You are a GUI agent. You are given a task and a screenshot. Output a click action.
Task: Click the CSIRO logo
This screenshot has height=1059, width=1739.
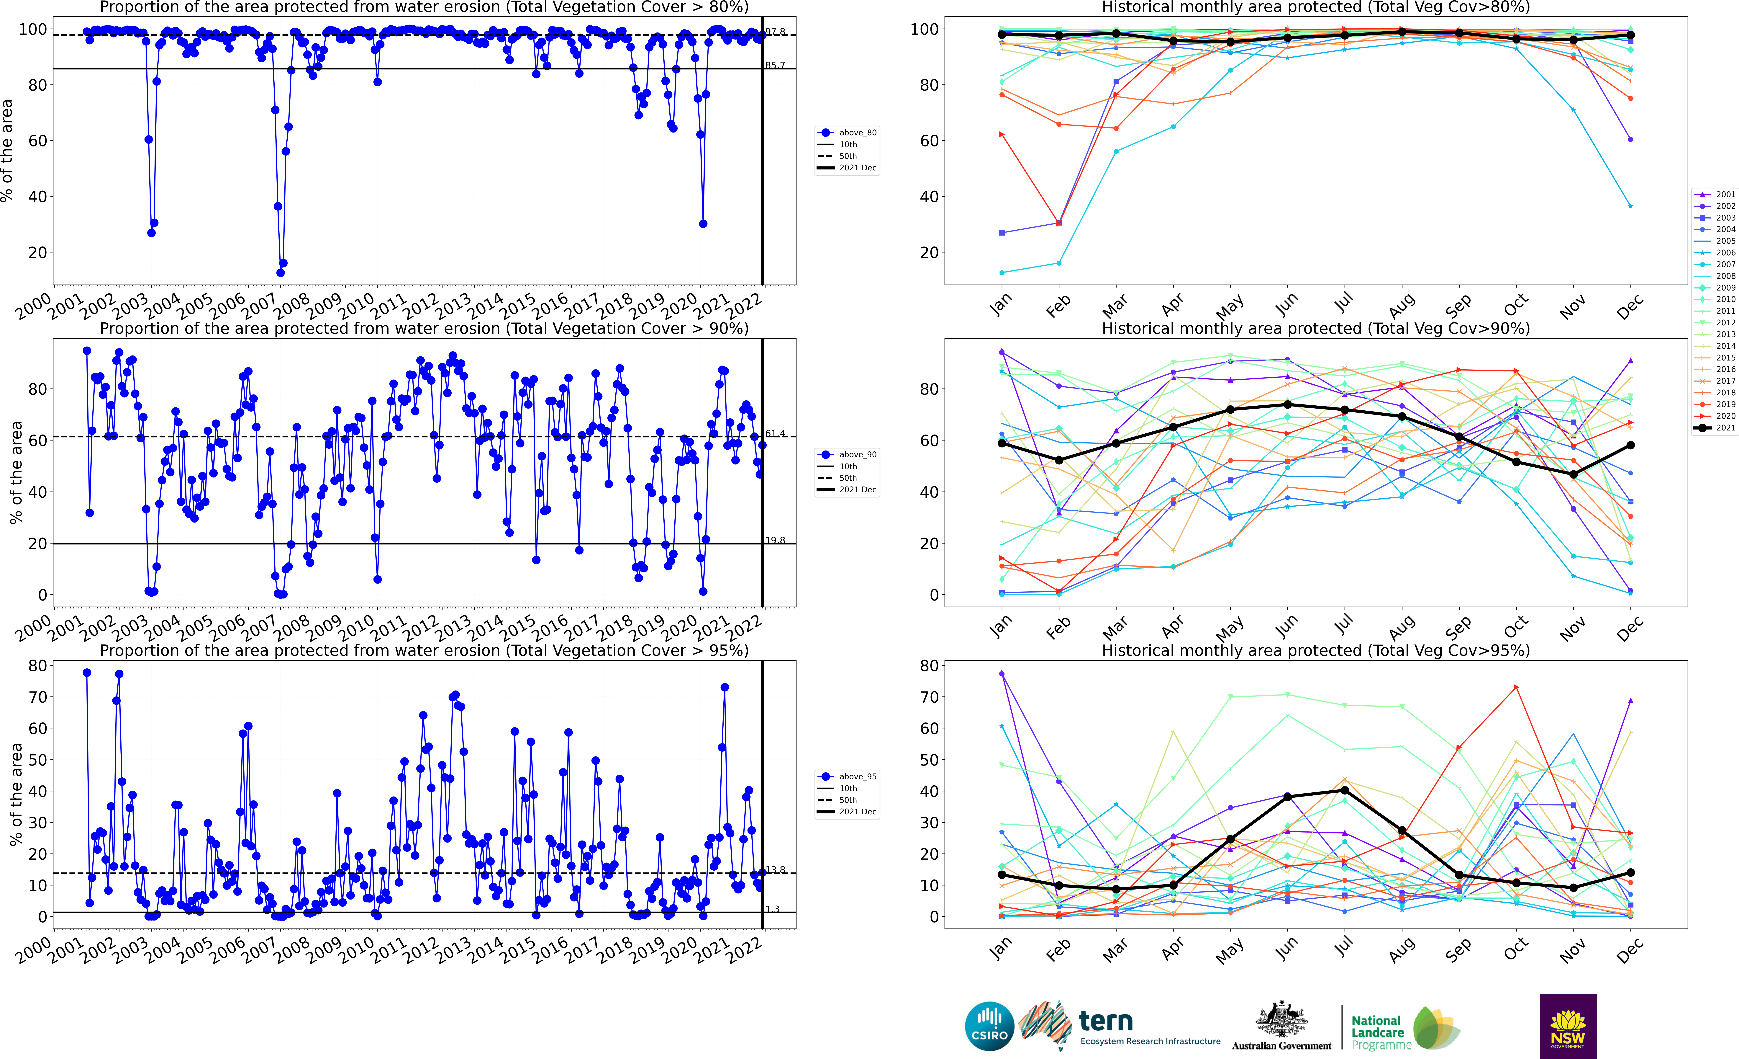point(989,1026)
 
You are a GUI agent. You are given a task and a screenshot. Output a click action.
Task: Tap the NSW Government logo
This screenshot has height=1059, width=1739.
point(1568,1026)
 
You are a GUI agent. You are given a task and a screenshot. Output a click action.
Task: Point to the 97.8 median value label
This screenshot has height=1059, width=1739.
point(775,32)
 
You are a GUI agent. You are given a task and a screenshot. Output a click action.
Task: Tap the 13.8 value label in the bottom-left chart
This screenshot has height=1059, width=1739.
point(775,870)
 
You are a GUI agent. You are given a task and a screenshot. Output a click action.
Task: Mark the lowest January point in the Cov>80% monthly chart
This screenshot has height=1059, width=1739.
point(1002,272)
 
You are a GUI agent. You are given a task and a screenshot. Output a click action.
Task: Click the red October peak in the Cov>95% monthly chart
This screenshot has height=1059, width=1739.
point(1516,687)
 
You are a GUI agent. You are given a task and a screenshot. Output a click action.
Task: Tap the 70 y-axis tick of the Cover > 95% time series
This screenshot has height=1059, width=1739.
point(37,697)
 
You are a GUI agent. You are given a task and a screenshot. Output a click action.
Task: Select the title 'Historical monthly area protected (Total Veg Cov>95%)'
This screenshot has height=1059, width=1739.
point(1316,650)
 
